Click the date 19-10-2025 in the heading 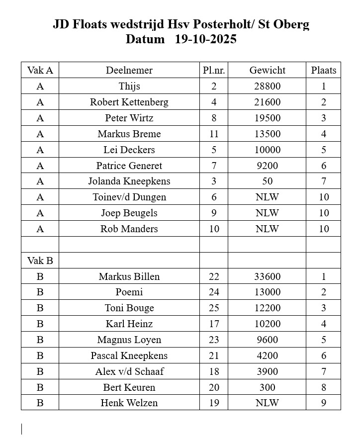[x=206, y=40]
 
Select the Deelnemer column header [x=129, y=70]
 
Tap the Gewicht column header [x=268, y=70]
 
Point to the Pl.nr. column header [x=214, y=70]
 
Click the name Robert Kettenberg [x=129, y=102]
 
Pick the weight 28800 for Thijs [x=268, y=86]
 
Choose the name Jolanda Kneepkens [x=129, y=181]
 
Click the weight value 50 [x=268, y=181]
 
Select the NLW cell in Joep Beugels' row [x=268, y=213]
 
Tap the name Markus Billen [x=129, y=276]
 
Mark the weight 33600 [x=268, y=276]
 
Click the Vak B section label [x=40, y=261]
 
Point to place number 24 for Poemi [x=214, y=292]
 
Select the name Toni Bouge [x=129, y=308]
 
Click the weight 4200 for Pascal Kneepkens [x=268, y=355]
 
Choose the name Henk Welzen [x=129, y=403]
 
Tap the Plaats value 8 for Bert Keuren [x=323, y=387]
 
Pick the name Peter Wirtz [x=129, y=118]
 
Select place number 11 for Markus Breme [x=214, y=134]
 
